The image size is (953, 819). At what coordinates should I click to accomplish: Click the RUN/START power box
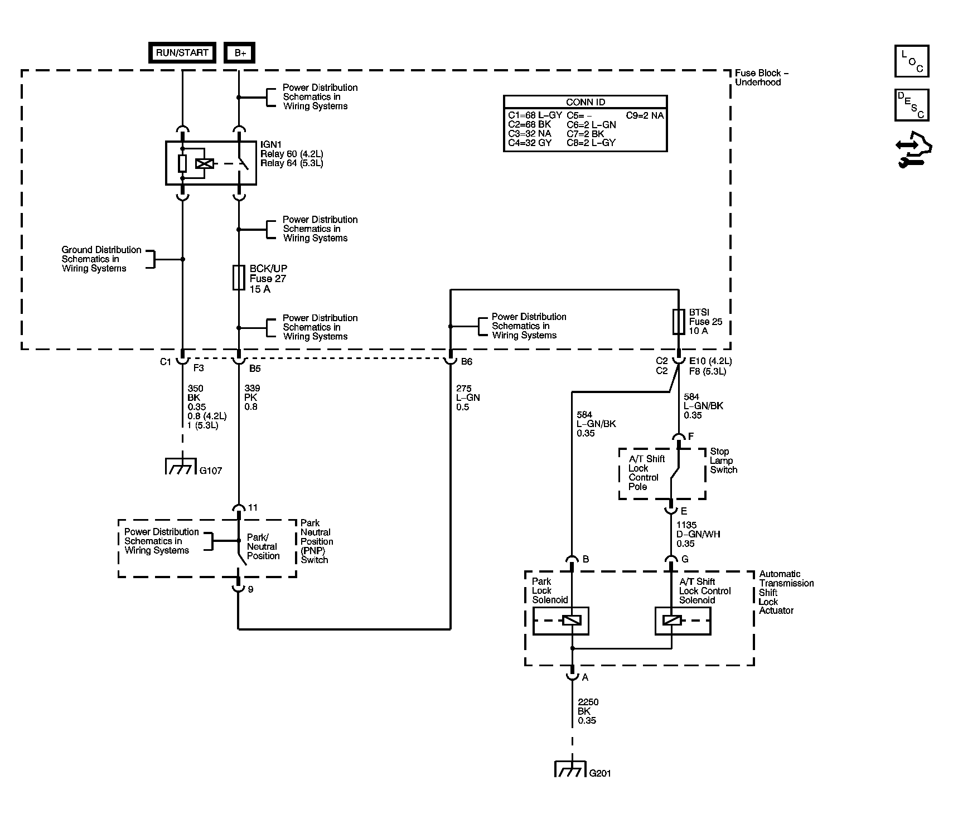pyautogui.click(x=182, y=53)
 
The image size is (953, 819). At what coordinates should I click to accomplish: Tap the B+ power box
pyautogui.click(x=239, y=53)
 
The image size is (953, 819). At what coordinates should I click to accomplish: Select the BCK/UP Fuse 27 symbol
pyautogui.click(x=239, y=278)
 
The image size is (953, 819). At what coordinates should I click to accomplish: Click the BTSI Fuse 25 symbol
pyautogui.click(x=678, y=322)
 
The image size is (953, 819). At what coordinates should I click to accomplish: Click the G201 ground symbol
pyautogui.click(x=570, y=769)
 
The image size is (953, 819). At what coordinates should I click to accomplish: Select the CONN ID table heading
pyautogui.click(x=585, y=102)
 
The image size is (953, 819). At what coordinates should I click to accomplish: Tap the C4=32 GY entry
pyautogui.click(x=529, y=143)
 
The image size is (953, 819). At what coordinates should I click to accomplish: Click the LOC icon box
pyautogui.click(x=911, y=61)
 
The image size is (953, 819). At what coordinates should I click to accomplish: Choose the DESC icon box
pyautogui.click(x=911, y=105)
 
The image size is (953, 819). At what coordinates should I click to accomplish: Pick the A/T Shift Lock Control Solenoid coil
pyautogui.click(x=671, y=621)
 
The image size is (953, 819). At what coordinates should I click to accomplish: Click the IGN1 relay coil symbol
pyautogui.click(x=205, y=163)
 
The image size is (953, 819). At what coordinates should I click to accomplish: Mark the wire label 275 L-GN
pyautogui.click(x=467, y=398)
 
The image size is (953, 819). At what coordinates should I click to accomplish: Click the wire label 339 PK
pyautogui.click(x=251, y=398)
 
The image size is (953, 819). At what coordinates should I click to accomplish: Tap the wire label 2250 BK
pyautogui.click(x=588, y=711)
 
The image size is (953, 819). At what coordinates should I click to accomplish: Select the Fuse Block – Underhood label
pyautogui.click(x=761, y=77)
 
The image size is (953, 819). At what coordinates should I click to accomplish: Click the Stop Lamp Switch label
pyautogui.click(x=723, y=461)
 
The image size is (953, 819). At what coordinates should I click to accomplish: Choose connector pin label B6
pyautogui.click(x=466, y=362)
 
